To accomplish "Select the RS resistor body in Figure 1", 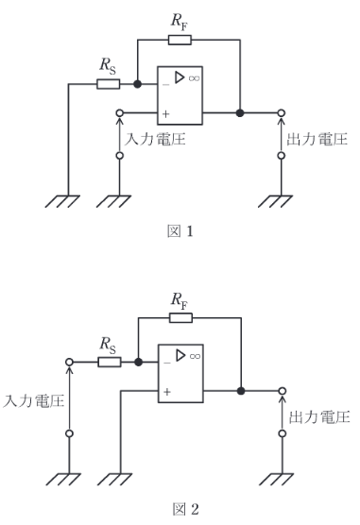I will coord(107,83).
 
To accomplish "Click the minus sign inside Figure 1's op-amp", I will coord(165,84).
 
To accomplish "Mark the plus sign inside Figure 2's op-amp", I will coord(165,390).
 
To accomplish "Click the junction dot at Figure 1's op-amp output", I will coord(241,112).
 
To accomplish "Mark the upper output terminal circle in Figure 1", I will coord(281,112).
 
